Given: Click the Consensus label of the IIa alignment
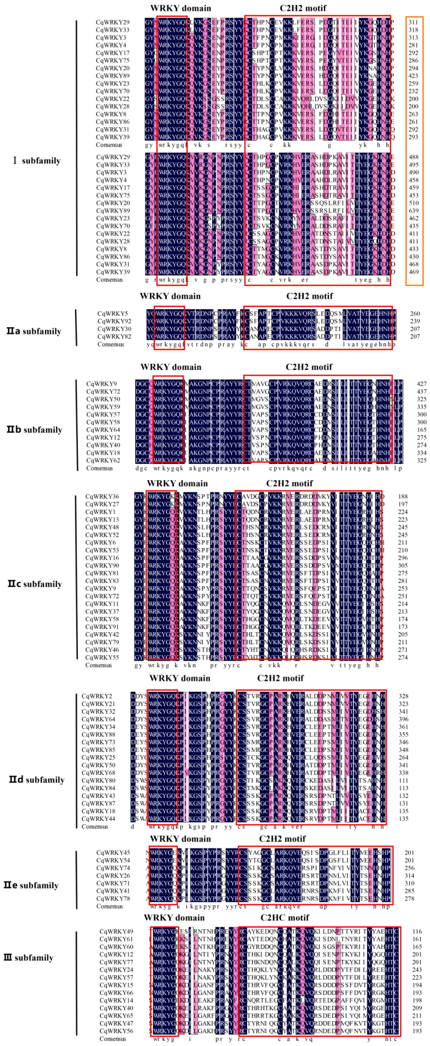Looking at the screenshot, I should click(x=110, y=344).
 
